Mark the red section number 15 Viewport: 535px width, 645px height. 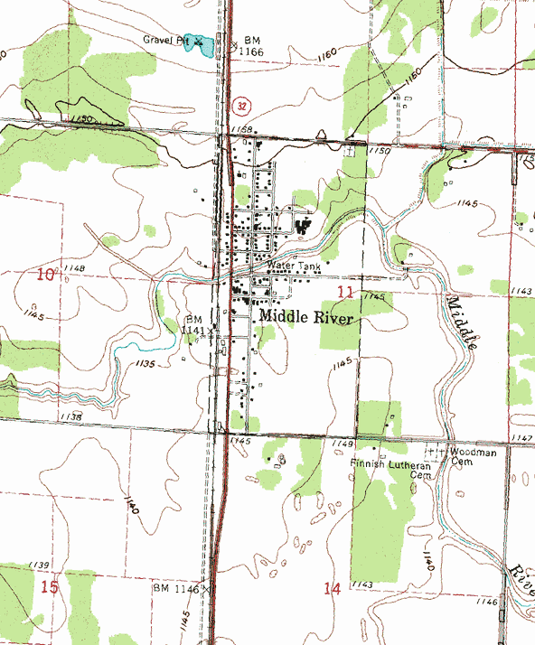(x=50, y=587)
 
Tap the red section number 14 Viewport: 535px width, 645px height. (x=332, y=589)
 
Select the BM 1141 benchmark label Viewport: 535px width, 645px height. (x=193, y=325)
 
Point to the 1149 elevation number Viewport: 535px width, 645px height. (x=341, y=444)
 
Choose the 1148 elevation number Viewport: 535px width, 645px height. (x=74, y=269)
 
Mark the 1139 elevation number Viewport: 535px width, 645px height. (x=38, y=565)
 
